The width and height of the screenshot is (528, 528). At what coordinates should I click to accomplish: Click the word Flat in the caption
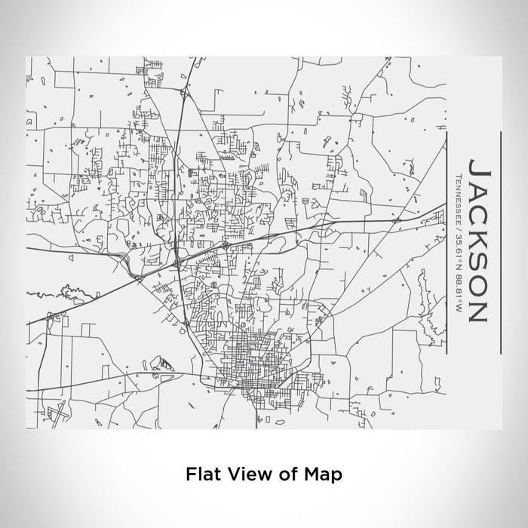coord(201,474)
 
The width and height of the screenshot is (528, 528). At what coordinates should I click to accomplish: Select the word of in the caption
coord(276,474)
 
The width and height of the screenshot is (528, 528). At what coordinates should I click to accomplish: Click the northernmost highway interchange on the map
coord(183,94)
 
